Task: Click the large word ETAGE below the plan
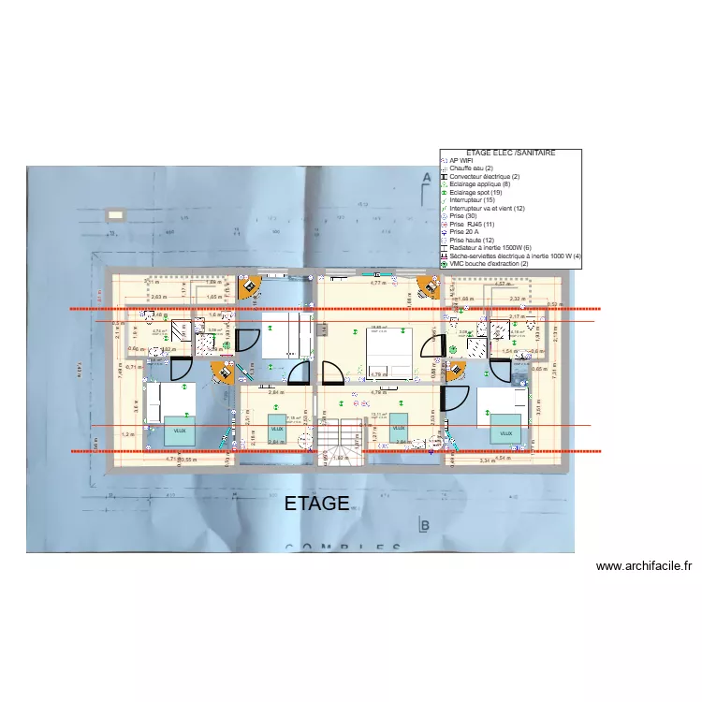[x=316, y=504]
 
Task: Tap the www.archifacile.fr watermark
[x=643, y=565]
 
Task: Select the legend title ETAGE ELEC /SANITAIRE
[x=511, y=153]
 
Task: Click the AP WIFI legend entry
[x=461, y=160]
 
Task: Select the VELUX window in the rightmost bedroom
[x=506, y=433]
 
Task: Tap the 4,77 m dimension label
[x=378, y=282]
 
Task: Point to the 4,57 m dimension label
[x=503, y=284]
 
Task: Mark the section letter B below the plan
[x=424, y=527]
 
